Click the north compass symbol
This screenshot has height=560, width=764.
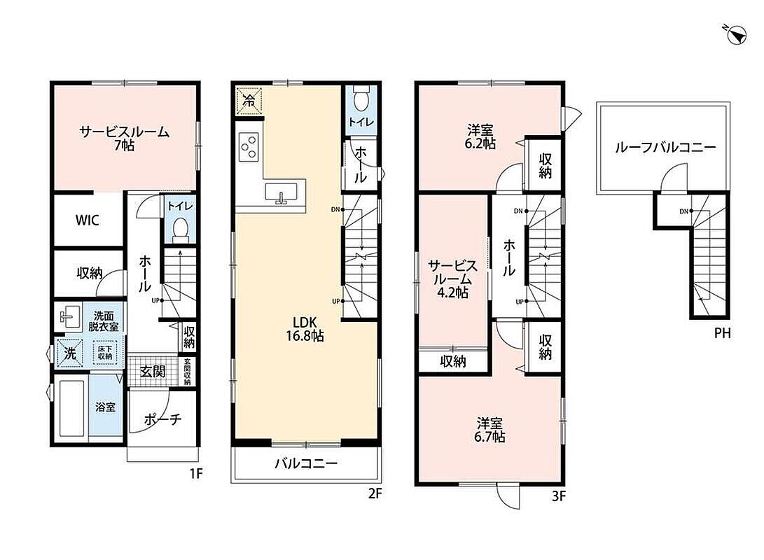click(736, 34)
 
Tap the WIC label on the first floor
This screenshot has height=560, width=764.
click(88, 220)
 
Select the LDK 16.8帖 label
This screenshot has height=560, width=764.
click(305, 329)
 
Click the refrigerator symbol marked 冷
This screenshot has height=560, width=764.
click(249, 101)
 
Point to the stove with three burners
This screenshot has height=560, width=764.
click(248, 146)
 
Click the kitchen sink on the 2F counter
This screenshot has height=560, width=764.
click(281, 192)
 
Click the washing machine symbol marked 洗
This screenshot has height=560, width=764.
click(70, 353)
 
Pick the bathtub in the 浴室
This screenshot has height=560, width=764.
click(73, 408)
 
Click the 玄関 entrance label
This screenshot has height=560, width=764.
click(153, 372)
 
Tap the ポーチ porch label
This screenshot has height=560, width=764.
click(162, 419)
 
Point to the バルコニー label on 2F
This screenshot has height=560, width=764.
click(306, 463)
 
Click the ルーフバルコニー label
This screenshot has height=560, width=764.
click(665, 147)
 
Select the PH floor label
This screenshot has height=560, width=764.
click(723, 333)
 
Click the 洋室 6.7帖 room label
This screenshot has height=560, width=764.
click(489, 430)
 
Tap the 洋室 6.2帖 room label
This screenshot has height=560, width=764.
click(480, 136)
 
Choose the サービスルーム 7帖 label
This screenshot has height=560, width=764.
click(124, 139)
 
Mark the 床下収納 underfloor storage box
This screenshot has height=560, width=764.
click(105, 353)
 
